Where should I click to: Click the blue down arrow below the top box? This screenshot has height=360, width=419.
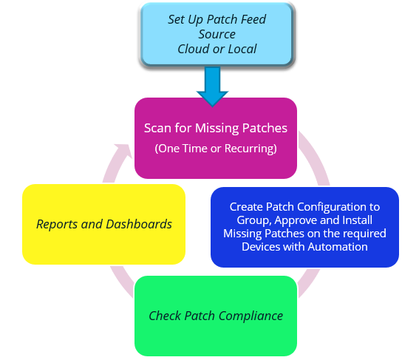[x=212, y=86]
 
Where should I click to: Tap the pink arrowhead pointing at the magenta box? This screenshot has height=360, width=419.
[x=123, y=151]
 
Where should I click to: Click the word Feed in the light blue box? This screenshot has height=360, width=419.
[x=253, y=19]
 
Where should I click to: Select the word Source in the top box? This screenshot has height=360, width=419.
[x=217, y=34]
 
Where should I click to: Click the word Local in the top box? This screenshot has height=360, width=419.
[x=242, y=49]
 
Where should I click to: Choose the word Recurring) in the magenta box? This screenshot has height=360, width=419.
[x=251, y=149]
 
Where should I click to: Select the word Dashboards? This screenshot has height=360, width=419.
[x=139, y=224]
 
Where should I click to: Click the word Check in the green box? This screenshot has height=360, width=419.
[x=165, y=316]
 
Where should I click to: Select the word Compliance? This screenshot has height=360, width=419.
[x=251, y=316]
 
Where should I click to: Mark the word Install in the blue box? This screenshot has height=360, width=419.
[x=357, y=220]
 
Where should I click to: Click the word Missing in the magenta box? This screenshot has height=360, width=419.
[x=217, y=129]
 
